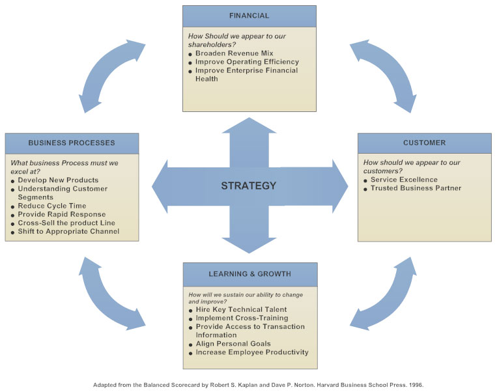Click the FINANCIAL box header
(x=249, y=16)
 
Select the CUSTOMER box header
(x=424, y=143)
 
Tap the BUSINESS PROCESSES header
(x=72, y=143)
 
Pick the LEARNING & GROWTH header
(x=250, y=274)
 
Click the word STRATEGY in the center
(x=249, y=186)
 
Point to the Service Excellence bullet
(x=404, y=180)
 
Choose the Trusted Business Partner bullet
(x=416, y=188)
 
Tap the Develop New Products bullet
(x=58, y=180)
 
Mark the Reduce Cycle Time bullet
(x=52, y=206)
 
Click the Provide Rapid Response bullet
(x=61, y=214)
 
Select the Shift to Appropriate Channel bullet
(x=68, y=231)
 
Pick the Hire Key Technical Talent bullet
(x=241, y=310)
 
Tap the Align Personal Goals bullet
(x=233, y=344)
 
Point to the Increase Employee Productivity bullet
(x=252, y=352)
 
